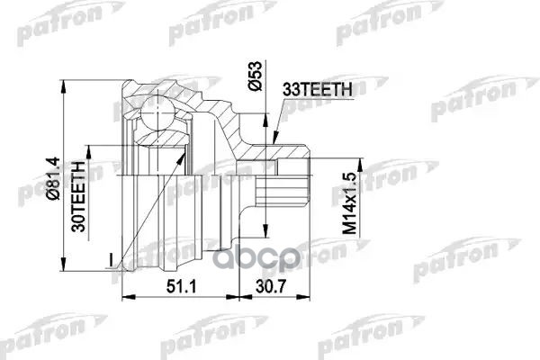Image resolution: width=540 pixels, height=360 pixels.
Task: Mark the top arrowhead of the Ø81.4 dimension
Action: (65, 79)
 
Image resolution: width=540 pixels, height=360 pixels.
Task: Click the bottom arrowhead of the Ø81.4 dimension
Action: (65, 269)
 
